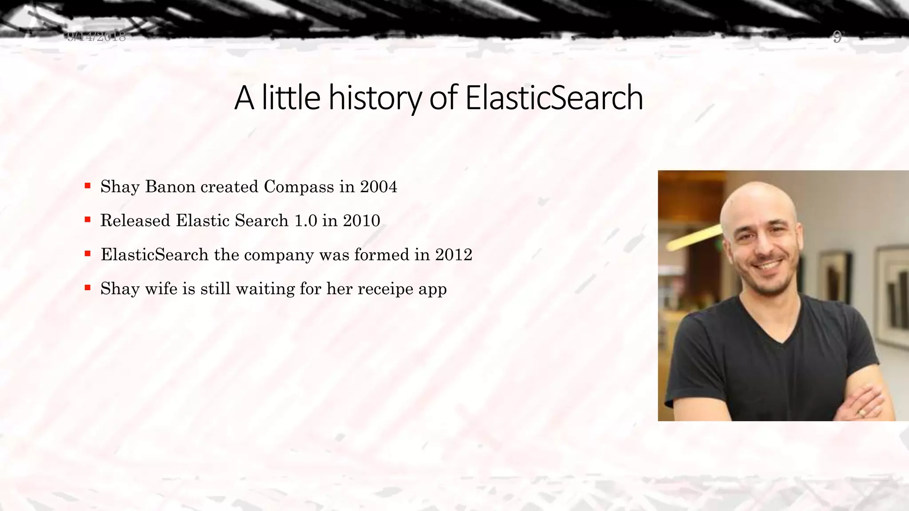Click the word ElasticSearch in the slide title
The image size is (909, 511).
(554, 98)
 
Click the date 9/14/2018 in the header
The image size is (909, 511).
(97, 36)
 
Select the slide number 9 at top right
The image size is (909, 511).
(837, 37)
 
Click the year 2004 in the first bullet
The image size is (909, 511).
(378, 187)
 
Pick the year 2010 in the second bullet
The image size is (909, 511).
(361, 221)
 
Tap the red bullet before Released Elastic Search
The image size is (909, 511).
(88, 220)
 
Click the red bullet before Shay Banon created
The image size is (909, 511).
(88, 185)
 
